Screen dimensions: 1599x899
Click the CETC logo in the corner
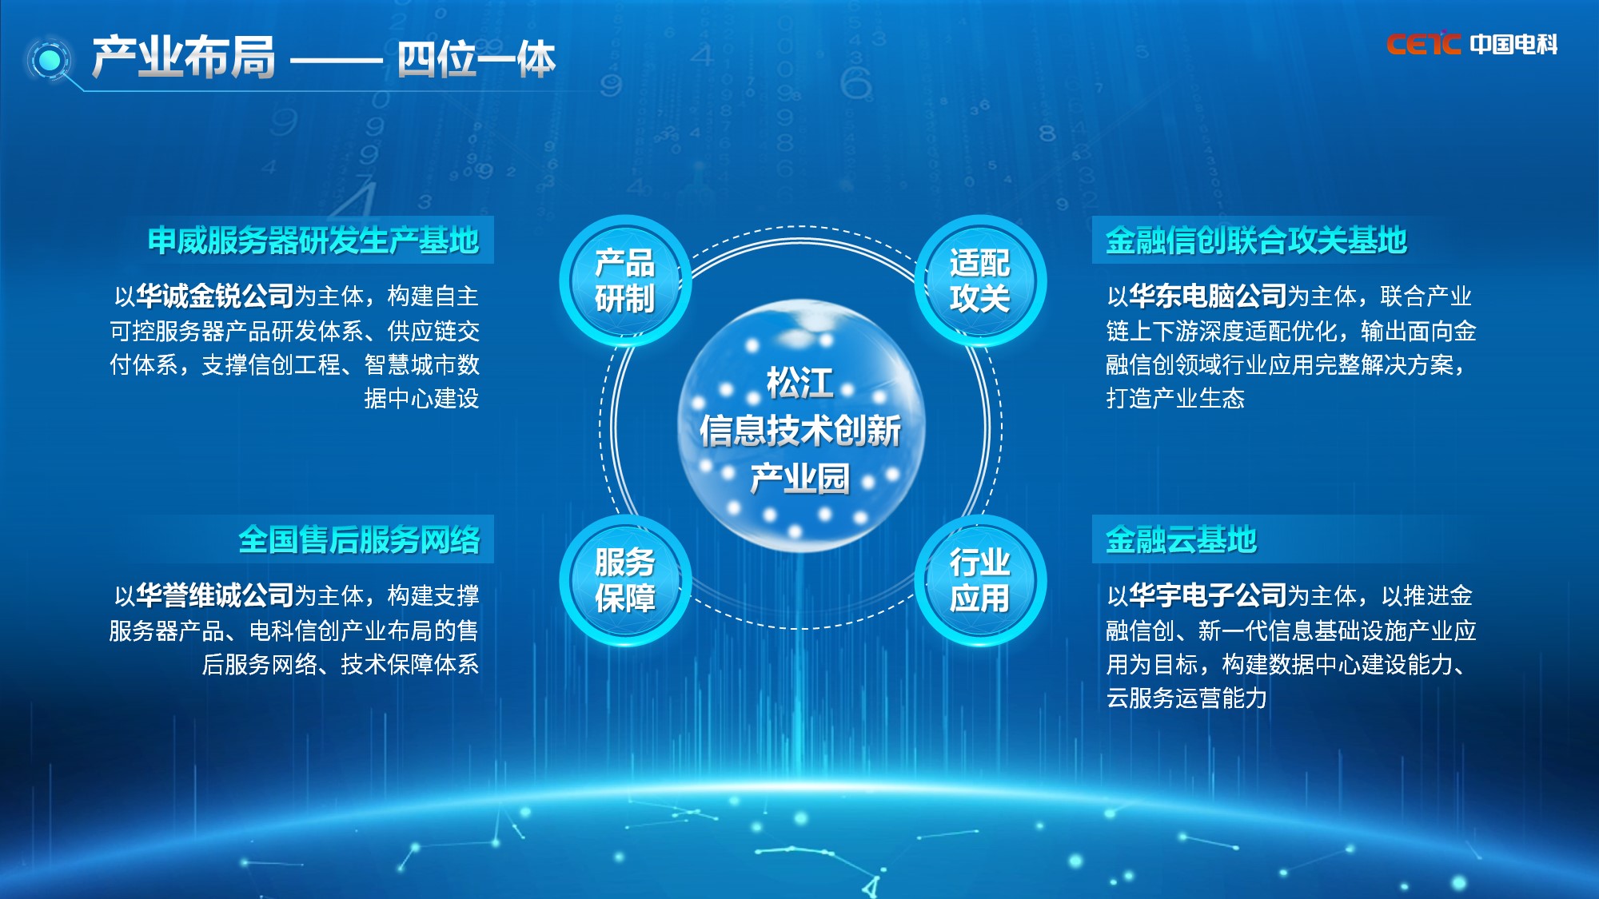pos(1423,44)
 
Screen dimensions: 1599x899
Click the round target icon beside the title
pos(50,60)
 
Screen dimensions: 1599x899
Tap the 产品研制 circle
pos(624,281)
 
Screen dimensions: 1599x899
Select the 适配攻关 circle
pos(979,281)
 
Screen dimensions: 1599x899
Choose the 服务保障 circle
pos(624,581)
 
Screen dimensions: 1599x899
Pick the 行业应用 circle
pos(979,581)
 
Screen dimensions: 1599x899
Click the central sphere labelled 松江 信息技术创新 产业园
pos(801,427)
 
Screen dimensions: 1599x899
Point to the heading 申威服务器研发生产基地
pos(313,241)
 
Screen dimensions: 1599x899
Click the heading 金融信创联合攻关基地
pos(1256,241)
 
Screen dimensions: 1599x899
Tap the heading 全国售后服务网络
pos(359,540)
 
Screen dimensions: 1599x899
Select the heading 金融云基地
pos(1181,540)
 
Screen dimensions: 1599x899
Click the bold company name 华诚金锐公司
pos(215,296)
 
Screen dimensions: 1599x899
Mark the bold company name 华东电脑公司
pos(1208,296)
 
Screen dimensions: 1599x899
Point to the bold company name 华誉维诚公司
pos(215,595)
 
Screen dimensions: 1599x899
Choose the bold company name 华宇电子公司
pos(1208,595)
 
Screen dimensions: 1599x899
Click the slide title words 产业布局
pos(184,58)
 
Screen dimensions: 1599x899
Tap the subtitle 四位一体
pos(477,59)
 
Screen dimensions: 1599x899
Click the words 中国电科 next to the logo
pos(1513,44)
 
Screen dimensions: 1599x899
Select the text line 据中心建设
pos(421,398)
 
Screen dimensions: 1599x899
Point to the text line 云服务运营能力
pos(1186,698)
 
